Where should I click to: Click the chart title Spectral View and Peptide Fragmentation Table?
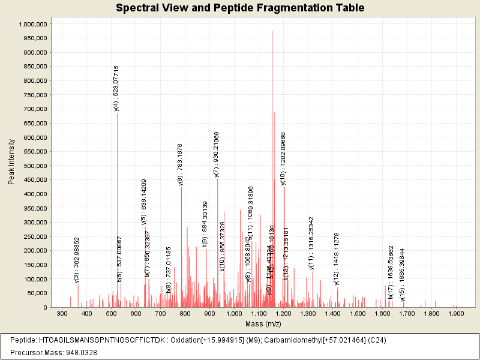click(240, 8)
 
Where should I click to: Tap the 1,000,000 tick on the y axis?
click(33, 24)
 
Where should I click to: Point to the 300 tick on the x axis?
click(62, 313)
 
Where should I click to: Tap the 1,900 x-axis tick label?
click(455, 313)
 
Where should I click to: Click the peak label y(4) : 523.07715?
click(116, 88)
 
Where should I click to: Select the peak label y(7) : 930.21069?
click(217, 154)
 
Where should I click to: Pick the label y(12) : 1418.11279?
click(337, 259)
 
